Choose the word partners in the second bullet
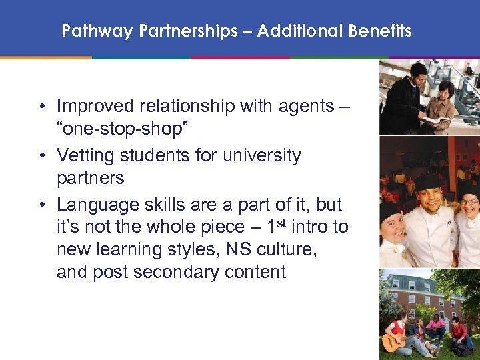coord(91,178)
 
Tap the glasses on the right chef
coord(469,201)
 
